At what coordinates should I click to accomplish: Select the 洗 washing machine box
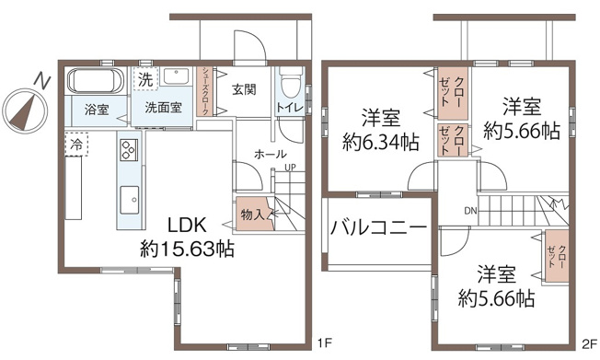[x=146, y=79]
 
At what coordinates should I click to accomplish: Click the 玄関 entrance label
[x=244, y=89]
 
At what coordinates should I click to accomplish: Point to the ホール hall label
[x=270, y=154]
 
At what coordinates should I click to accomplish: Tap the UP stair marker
[x=290, y=167]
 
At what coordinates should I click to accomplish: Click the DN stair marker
[x=470, y=212]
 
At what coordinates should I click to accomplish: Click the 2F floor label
[x=588, y=344]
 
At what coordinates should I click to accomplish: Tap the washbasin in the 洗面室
[x=179, y=77]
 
